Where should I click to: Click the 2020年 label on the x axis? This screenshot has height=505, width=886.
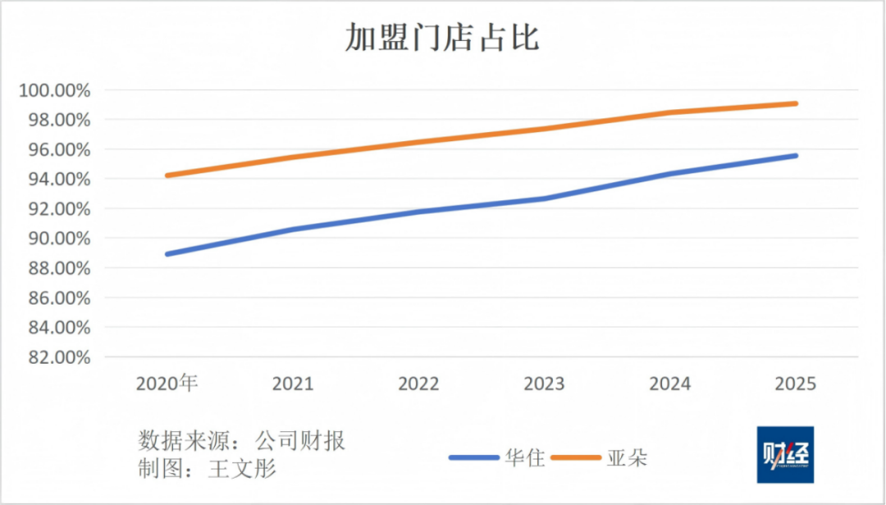(167, 383)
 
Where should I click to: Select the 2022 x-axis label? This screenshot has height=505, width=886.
(418, 383)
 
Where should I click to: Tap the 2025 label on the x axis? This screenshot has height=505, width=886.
(795, 383)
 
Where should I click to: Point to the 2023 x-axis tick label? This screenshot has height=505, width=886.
(544, 383)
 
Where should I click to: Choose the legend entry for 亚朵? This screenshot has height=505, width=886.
(627, 457)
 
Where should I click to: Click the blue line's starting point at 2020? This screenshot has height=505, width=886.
(167, 254)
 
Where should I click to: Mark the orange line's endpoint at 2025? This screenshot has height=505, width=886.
(795, 103)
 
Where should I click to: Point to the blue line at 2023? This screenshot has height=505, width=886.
(544, 198)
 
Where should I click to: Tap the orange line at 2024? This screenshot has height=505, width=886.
(669, 112)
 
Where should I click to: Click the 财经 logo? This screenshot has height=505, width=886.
(785, 454)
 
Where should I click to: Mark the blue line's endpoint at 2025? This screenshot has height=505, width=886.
(795, 155)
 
